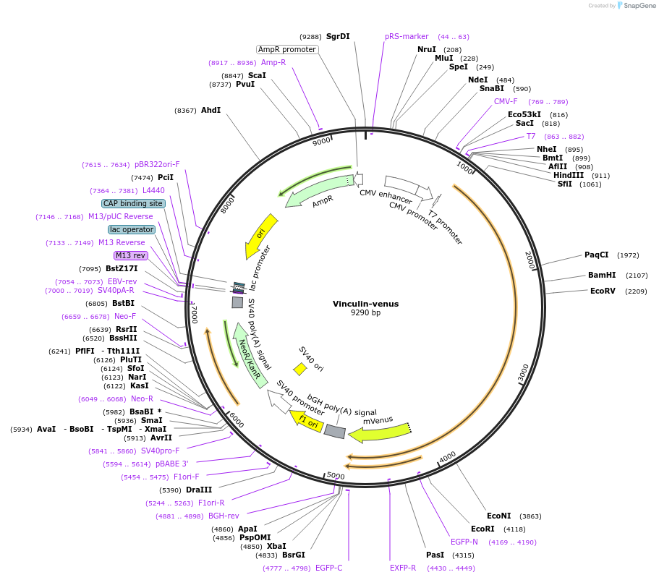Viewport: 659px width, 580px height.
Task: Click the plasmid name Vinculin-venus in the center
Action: [x=365, y=304]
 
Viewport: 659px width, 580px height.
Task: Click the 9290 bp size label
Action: [x=365, y=313]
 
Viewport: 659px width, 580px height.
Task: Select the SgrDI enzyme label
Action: [x=338, y=36]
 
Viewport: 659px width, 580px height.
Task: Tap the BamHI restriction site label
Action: [x=602, y=276]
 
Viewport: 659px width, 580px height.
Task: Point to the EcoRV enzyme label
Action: [x=603, y=291]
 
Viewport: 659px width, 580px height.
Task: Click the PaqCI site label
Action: [x=597, y=255]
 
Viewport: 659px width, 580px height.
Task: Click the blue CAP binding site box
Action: [x=133, y=204]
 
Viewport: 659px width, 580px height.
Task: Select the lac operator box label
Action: [x=132, y=230]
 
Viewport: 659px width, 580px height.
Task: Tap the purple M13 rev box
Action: [x=130, y=255]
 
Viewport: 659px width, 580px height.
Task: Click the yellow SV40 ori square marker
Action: [x=300, y=369]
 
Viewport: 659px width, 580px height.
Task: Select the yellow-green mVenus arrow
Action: [x=379, y=432]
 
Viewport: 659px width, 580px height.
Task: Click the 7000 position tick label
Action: [x=194, y=313]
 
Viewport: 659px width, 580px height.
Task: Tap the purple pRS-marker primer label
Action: [x=407, y=36]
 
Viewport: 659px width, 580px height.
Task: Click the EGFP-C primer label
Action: [x=328, y=568]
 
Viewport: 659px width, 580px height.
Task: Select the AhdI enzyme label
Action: [x=211, y=110]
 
